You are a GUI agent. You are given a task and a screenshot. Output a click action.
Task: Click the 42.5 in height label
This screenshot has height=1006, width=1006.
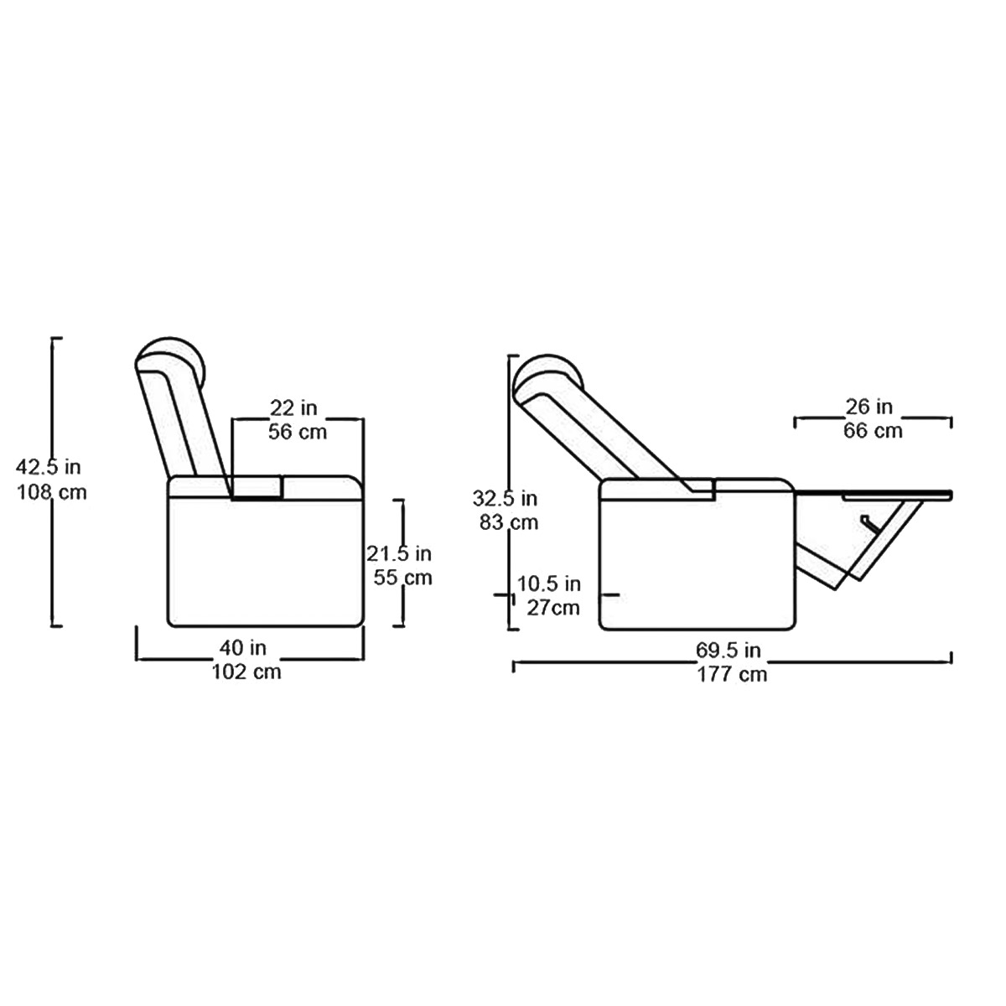49,467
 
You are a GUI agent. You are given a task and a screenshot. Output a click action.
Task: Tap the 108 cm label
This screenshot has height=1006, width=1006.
52,492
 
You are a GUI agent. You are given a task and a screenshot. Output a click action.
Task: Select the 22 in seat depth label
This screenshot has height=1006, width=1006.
293,407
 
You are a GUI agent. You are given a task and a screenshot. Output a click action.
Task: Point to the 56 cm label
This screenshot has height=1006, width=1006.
298,432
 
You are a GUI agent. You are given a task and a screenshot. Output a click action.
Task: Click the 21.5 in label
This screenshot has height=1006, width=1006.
399,553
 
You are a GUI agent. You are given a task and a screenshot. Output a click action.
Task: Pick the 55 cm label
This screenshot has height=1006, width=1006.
402,578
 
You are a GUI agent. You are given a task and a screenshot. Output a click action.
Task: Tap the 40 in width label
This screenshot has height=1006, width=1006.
243,648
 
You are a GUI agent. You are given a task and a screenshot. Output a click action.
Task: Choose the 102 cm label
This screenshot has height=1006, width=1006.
246,672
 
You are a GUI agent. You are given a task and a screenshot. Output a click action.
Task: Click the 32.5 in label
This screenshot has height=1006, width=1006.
505,499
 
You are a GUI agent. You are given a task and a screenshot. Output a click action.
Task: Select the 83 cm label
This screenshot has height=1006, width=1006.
509,522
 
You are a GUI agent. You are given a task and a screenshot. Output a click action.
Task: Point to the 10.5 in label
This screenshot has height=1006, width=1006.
548,583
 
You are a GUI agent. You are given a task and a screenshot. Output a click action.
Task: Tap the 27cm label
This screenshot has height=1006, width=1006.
553,608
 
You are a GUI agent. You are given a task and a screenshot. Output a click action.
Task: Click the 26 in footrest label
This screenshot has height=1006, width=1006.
869,407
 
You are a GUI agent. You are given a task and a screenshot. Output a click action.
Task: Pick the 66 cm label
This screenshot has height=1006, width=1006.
873,431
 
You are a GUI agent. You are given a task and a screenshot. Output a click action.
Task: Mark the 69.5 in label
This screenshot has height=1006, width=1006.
729,650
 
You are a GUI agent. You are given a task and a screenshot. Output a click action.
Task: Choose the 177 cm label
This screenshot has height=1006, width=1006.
733,674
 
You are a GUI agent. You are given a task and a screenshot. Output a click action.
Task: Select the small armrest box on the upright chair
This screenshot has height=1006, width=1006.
257,488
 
